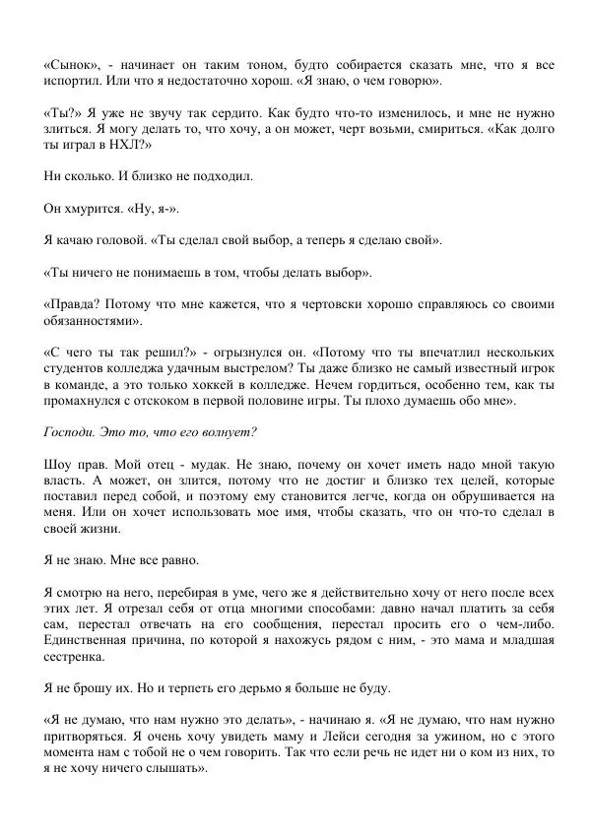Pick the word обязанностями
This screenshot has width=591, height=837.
[x=94, y=320]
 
